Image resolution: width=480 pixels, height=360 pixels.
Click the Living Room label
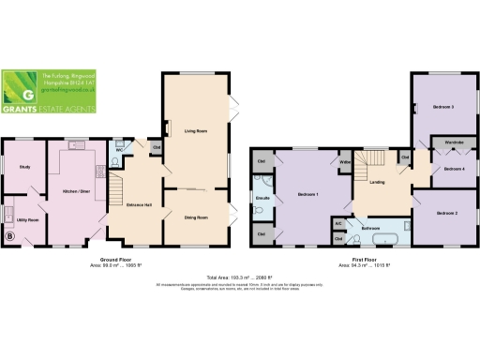[195, 132]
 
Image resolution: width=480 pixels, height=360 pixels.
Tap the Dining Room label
[195, 217]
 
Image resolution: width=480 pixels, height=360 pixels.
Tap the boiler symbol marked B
[10, 235]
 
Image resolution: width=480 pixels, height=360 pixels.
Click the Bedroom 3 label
[442, 108]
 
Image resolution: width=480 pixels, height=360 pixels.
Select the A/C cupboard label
[337, 224]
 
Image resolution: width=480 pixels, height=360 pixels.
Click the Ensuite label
[262, 199]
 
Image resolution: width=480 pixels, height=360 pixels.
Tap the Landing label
[379, 182]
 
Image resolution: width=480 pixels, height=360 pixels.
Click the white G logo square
[29, 93]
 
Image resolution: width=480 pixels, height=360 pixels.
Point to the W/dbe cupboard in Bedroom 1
[345, 163]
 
